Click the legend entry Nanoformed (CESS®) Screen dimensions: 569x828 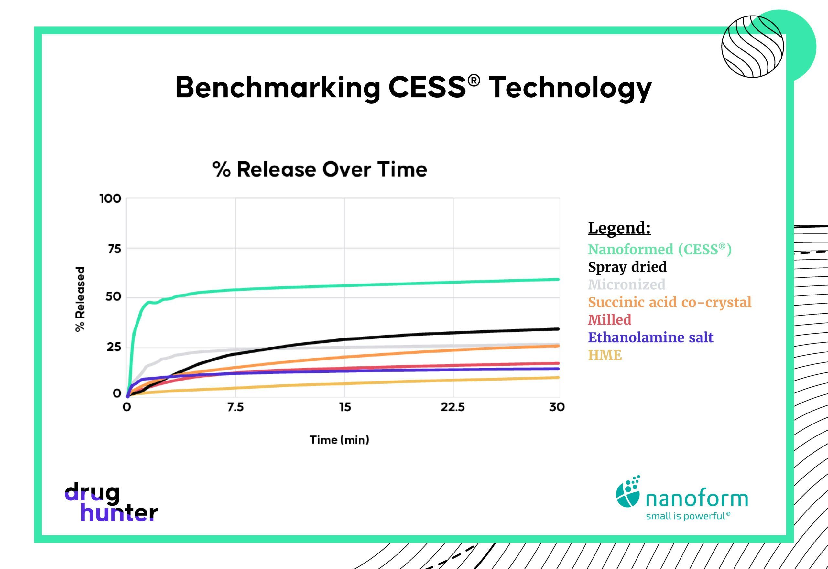tap(659, 250)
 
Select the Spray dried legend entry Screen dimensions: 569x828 tap(627, 267)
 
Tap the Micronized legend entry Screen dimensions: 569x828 tap(626, 284)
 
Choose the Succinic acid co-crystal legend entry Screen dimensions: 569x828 tap(669, 302)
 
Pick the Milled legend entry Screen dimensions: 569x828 tap(609, 320)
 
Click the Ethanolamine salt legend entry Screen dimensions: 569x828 tap(650, 337)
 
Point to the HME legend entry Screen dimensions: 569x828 tap(605, 355)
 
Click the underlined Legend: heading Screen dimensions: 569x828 tap(619, 228)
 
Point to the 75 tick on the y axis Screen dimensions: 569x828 tap(114, 249)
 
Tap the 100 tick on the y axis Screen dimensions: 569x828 tap(110, 199)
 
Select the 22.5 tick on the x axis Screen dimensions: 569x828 tap(452, 407)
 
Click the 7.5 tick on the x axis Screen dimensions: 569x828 tap(235, 407)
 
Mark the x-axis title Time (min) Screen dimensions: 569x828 tap(339, 440)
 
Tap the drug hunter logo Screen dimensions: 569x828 tap(111, 502)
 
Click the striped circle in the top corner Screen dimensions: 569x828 tap(752, 46)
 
